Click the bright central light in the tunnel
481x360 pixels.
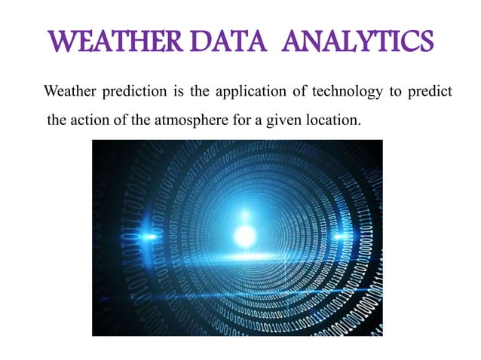[244, 236]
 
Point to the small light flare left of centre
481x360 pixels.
[150, 236]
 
